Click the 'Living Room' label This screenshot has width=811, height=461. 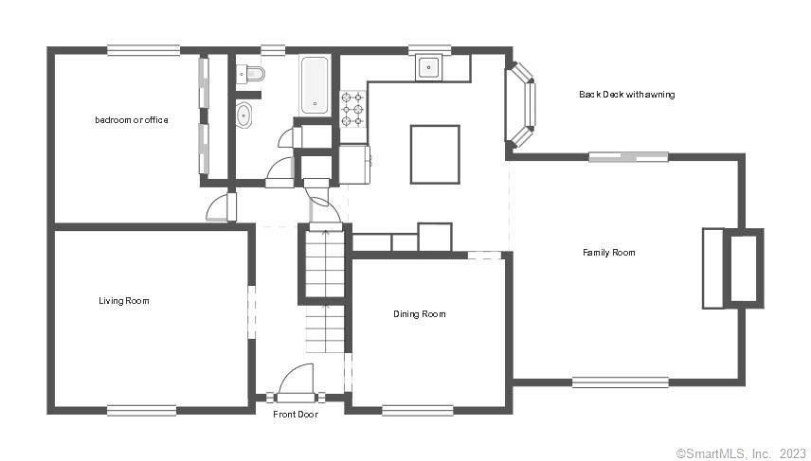(124, 301)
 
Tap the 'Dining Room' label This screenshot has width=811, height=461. (420, 313)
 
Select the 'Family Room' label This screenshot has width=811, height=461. (609, 252)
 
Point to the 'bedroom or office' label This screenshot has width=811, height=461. (132, 120)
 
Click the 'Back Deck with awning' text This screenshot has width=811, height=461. (627, 94)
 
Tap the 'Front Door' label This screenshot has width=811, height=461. (296, 414)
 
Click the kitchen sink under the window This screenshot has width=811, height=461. (429, 67)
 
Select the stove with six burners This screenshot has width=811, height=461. (352, 109)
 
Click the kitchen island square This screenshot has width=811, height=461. (435, 154)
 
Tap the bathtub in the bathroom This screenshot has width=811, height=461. (315, 85)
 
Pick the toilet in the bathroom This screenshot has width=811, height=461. (250, 74)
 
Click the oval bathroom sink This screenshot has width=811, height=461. (244, 115)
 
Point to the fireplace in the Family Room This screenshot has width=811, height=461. (732, 268)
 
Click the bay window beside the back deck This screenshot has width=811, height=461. (522, 105)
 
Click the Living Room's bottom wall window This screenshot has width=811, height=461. (142, 411)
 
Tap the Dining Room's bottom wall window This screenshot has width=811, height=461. (418, 411)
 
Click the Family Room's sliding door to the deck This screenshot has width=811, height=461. (628, 156)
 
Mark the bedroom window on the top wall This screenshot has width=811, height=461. (144, 51)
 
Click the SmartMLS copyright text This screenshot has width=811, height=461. (741, 453)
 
